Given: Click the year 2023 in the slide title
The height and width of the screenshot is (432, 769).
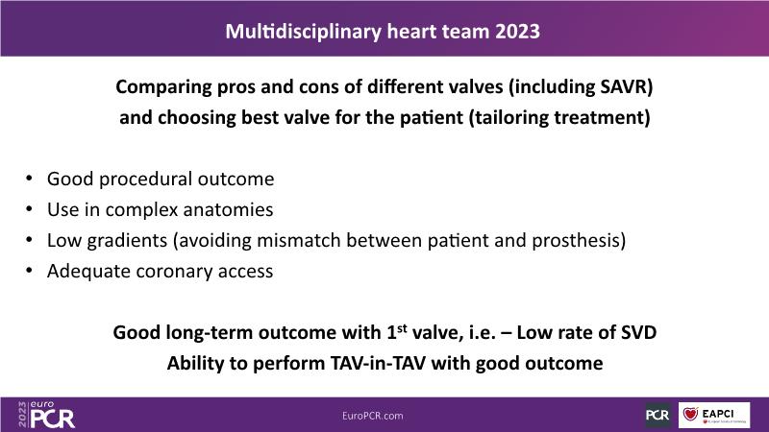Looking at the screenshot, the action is (x=517, y=32).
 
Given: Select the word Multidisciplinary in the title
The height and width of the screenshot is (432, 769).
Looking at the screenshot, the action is (x=303, y=32).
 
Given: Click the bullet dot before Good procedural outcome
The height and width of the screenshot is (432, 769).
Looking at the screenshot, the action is (x=30, y=179).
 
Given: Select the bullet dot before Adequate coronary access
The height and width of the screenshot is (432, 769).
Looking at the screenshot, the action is (x=30, y=271).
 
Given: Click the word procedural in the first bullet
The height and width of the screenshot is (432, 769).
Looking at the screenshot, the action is (x=146, y=180).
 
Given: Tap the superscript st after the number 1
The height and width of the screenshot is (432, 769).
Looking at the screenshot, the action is (x=402, y=327).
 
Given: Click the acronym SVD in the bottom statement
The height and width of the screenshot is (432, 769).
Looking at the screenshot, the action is (x=638, y=332).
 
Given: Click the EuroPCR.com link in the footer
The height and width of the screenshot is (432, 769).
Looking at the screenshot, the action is (x=373, y=416).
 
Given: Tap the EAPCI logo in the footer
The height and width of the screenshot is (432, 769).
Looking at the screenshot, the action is (x=714, y=416).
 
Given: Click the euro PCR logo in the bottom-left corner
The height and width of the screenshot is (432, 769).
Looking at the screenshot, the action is (x=46, y=415).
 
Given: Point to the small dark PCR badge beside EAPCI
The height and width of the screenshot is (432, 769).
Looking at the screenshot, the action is (x=657, y=416).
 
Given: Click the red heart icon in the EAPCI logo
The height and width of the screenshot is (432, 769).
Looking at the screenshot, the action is (x=690, y=414).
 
